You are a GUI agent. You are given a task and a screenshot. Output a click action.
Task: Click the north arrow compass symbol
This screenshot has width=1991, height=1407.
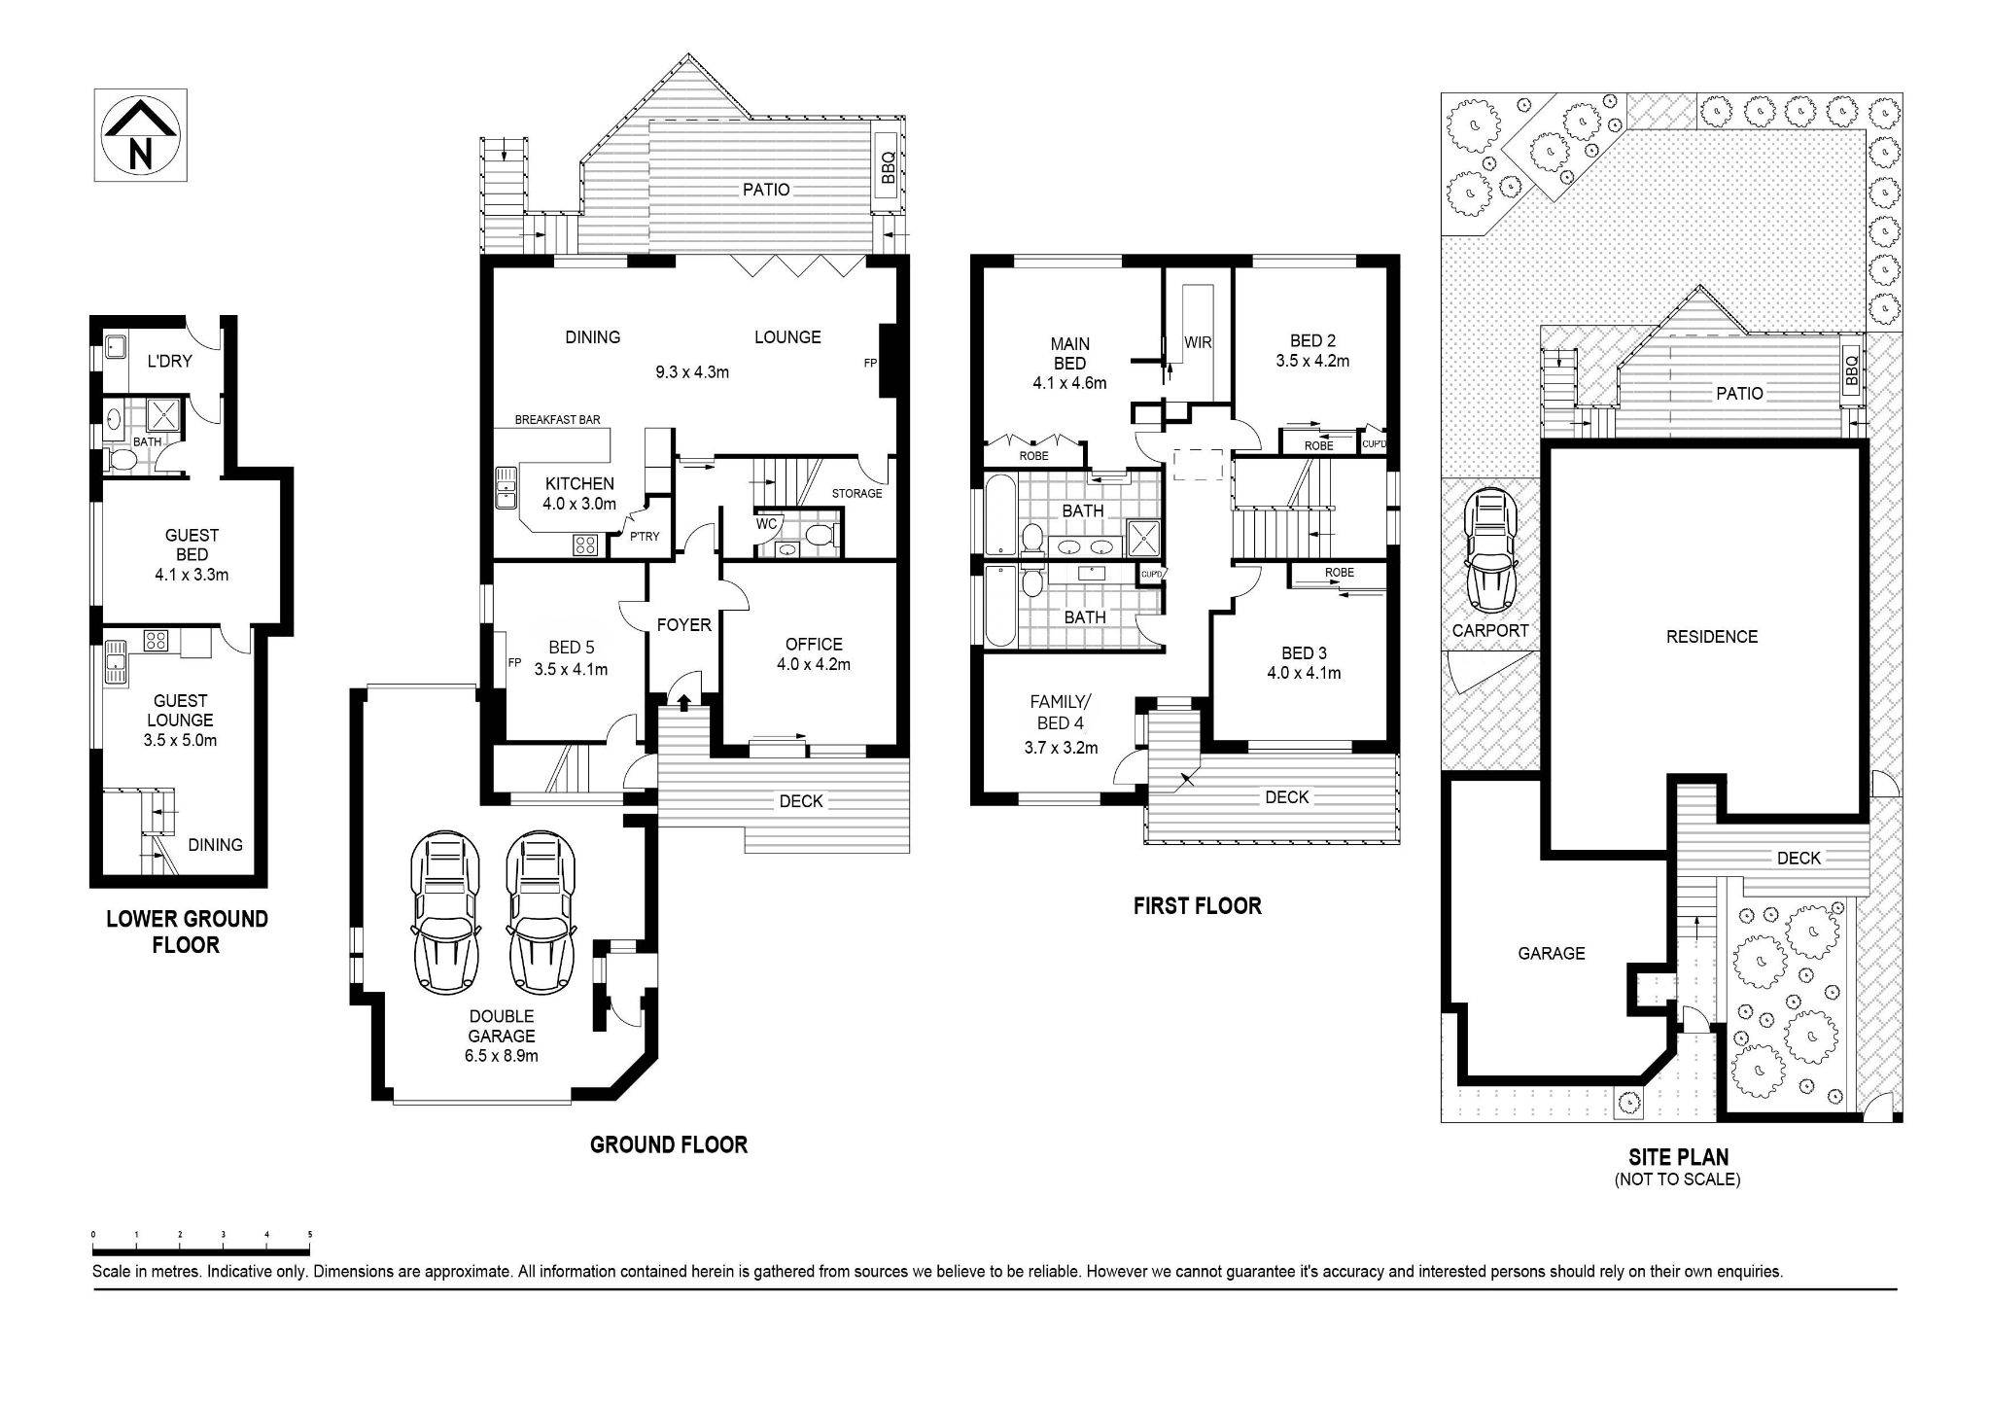point(140,135)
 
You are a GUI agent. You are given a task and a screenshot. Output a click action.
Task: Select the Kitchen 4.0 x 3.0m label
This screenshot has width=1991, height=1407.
point(579,493)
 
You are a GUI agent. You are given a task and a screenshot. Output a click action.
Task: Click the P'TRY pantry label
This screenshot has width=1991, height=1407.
point(644,536)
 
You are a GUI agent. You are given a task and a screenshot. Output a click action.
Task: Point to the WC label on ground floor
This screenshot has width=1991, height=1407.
point(766,524)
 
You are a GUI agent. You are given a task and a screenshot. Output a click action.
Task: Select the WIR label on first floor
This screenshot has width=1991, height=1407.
point(1198,342)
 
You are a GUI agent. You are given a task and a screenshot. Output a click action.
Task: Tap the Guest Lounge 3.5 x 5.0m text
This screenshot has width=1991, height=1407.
point(180,720)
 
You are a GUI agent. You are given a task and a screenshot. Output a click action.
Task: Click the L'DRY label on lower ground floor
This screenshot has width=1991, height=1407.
point(169,361)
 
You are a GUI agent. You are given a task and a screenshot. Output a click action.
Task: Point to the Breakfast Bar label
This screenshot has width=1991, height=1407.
point(557,420)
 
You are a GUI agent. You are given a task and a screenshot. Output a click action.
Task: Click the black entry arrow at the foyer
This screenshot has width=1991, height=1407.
point(683,701)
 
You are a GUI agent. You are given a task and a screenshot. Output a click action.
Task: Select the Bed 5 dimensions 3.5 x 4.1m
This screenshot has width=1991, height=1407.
point(571,669)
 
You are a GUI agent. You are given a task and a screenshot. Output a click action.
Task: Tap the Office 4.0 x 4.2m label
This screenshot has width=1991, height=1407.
point(814,653)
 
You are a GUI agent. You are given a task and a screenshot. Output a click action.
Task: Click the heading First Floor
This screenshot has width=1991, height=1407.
point(1197,905)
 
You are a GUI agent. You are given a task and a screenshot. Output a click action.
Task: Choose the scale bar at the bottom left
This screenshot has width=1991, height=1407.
point(201,1249)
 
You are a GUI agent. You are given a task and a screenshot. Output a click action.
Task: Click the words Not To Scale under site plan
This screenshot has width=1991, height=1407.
point(1677,1180)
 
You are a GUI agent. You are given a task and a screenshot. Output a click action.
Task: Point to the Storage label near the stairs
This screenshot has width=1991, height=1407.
point(856,493)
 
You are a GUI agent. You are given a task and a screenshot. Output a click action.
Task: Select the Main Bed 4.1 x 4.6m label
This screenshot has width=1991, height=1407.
point(1069,363)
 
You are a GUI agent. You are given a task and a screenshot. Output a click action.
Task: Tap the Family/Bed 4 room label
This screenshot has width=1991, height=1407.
point(1061,723)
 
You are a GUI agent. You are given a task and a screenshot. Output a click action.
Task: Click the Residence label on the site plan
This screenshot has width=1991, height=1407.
point(1711,637)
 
